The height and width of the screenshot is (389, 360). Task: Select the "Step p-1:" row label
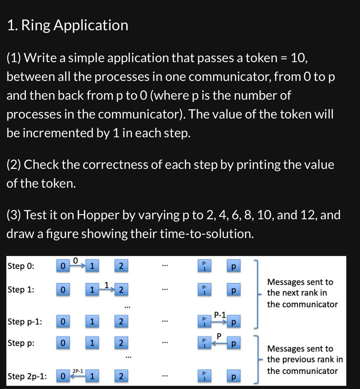25,322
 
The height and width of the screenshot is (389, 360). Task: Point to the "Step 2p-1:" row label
27,376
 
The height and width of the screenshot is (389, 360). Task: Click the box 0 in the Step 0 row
63,266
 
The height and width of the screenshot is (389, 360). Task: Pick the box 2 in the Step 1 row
121,290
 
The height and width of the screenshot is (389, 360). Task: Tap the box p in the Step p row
234,343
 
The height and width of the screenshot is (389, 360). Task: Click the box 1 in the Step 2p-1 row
92,376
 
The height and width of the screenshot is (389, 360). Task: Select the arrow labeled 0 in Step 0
77,264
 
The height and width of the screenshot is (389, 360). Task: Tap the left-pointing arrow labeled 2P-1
77,375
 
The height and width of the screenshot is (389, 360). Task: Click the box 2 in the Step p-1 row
121,322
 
